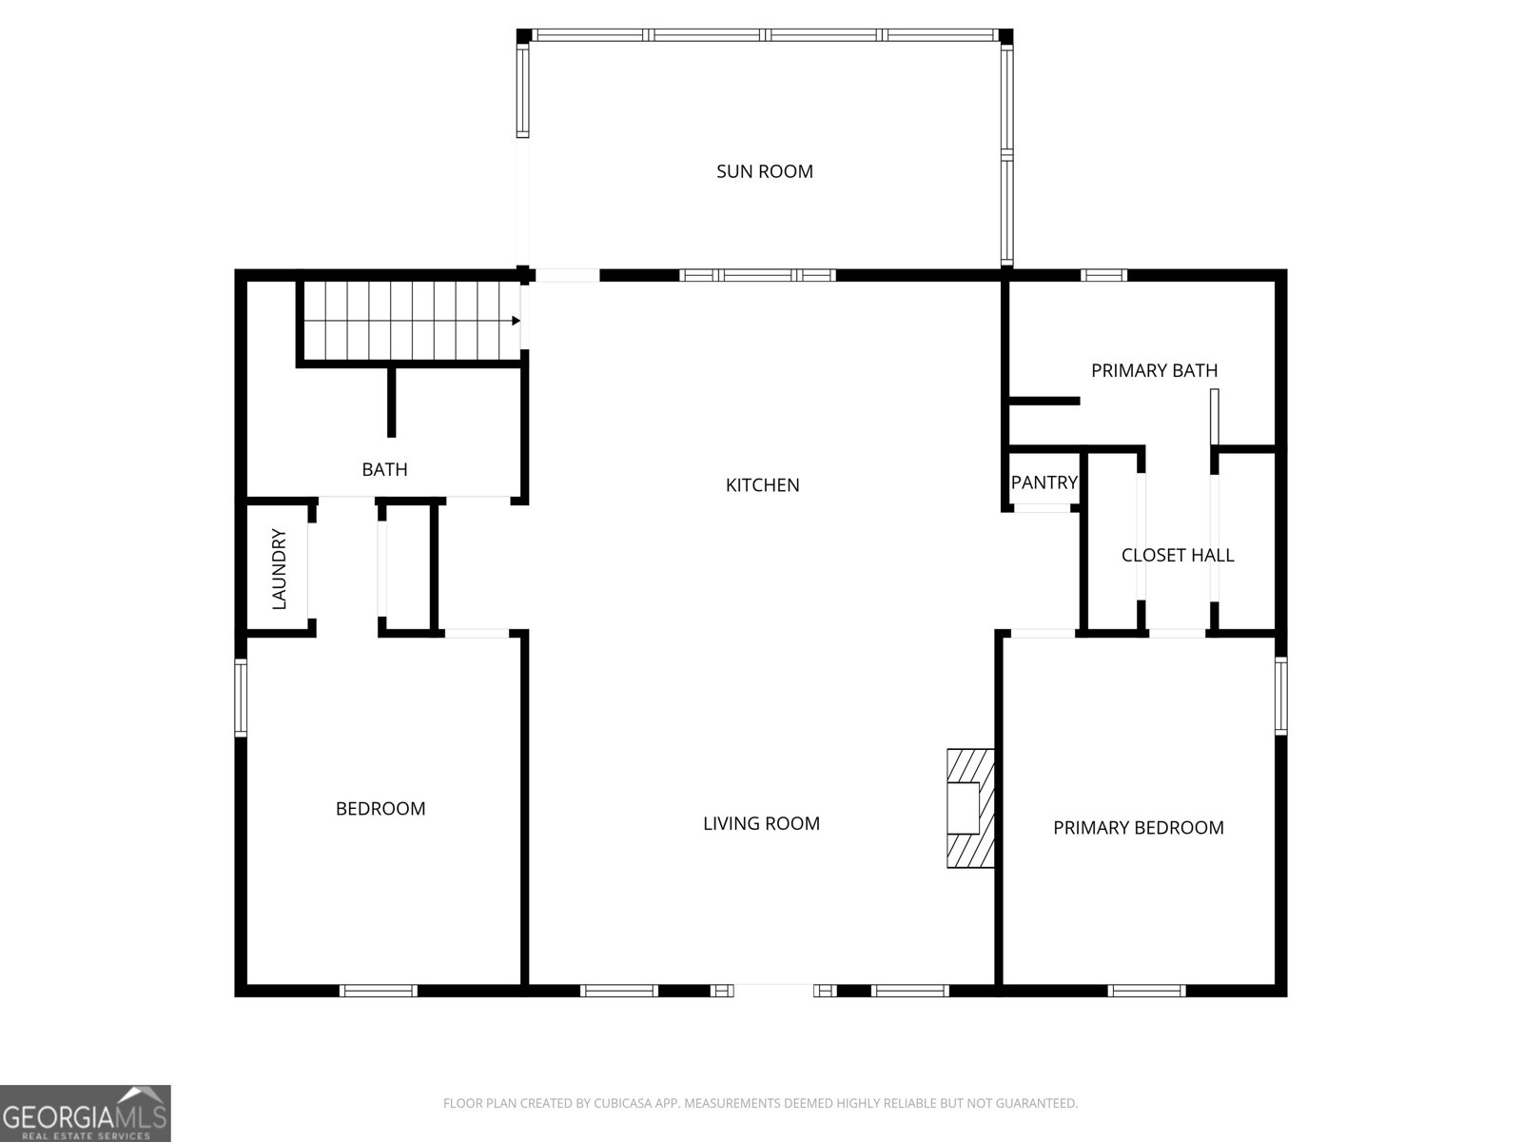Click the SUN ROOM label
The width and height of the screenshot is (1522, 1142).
[764, 171]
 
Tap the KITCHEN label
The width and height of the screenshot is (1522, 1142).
[762, 485]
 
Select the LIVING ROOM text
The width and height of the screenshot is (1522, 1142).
[761, 823]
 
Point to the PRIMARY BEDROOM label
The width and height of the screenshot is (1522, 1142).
[1138, 827]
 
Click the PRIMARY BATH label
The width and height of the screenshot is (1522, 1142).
[1154, 371]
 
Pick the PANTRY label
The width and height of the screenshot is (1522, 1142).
[1044, 482]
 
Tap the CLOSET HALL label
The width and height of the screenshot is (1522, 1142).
[1178, 555]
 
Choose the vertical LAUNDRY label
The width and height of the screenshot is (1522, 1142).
[279, 569]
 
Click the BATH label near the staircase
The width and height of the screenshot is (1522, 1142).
[384, 469]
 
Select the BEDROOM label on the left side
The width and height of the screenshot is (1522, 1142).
[380, 809]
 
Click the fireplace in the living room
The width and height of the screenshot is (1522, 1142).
[970, 809]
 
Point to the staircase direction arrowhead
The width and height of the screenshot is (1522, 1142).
[516, 321]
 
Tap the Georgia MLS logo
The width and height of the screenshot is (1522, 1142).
[86, 1112]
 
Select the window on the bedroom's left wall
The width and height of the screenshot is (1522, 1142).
[241, 697]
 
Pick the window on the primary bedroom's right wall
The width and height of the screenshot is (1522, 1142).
[1280, 696]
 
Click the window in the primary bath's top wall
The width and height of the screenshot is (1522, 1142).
[1103, 275]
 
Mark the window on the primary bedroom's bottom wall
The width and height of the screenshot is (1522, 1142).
[1146, 991]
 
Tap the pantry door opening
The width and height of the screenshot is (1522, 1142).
[1043, 508]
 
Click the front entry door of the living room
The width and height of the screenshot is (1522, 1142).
[773, 990]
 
